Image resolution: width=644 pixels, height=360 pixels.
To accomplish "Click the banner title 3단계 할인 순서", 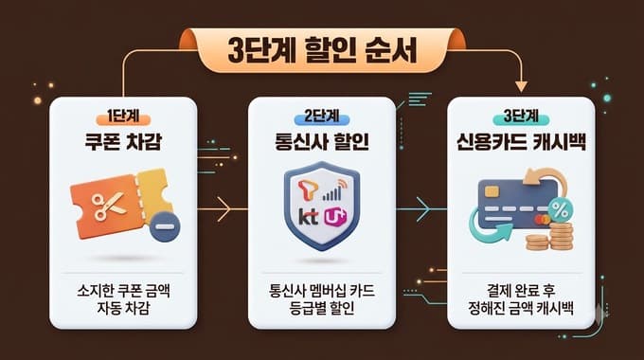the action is coord(322,51).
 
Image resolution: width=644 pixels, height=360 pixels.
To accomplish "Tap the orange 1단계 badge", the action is coord(123,117).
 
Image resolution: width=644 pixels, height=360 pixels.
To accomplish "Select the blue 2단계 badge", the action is coord(322,117).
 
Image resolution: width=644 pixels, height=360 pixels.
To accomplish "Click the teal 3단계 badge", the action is coord(521,117).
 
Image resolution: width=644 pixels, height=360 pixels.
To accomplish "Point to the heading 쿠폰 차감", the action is coord(123,141).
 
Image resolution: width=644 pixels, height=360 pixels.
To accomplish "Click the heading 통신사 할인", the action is coord(322,141).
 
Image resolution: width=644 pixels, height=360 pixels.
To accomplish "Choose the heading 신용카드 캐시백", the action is coord(521,141).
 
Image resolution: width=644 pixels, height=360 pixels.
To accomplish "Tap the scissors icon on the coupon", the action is coord(108,207).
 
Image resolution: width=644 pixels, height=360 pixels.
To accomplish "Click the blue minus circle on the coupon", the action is coord(165,226).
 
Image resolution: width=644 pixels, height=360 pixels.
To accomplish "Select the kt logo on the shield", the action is coord(308,216).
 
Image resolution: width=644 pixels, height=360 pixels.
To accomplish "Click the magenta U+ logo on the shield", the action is coord(335,217).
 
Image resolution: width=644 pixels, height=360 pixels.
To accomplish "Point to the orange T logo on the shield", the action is coord(308,190).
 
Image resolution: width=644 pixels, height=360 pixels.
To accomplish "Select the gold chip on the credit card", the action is coord(492,191).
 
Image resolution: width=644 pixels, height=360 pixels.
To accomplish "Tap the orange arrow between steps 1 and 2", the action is coord(223,209).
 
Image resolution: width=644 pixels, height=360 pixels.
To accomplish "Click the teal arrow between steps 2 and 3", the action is coord(421,209).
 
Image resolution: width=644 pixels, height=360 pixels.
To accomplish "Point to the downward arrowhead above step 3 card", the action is coord(521,86).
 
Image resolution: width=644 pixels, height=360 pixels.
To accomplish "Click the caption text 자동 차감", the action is coord(123,308).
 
